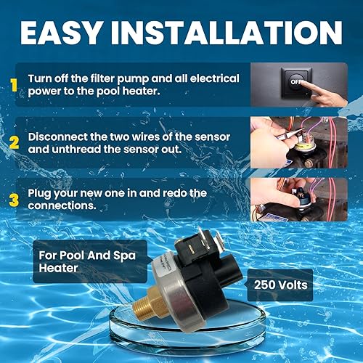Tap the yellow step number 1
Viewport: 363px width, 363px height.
pos(12,85)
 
